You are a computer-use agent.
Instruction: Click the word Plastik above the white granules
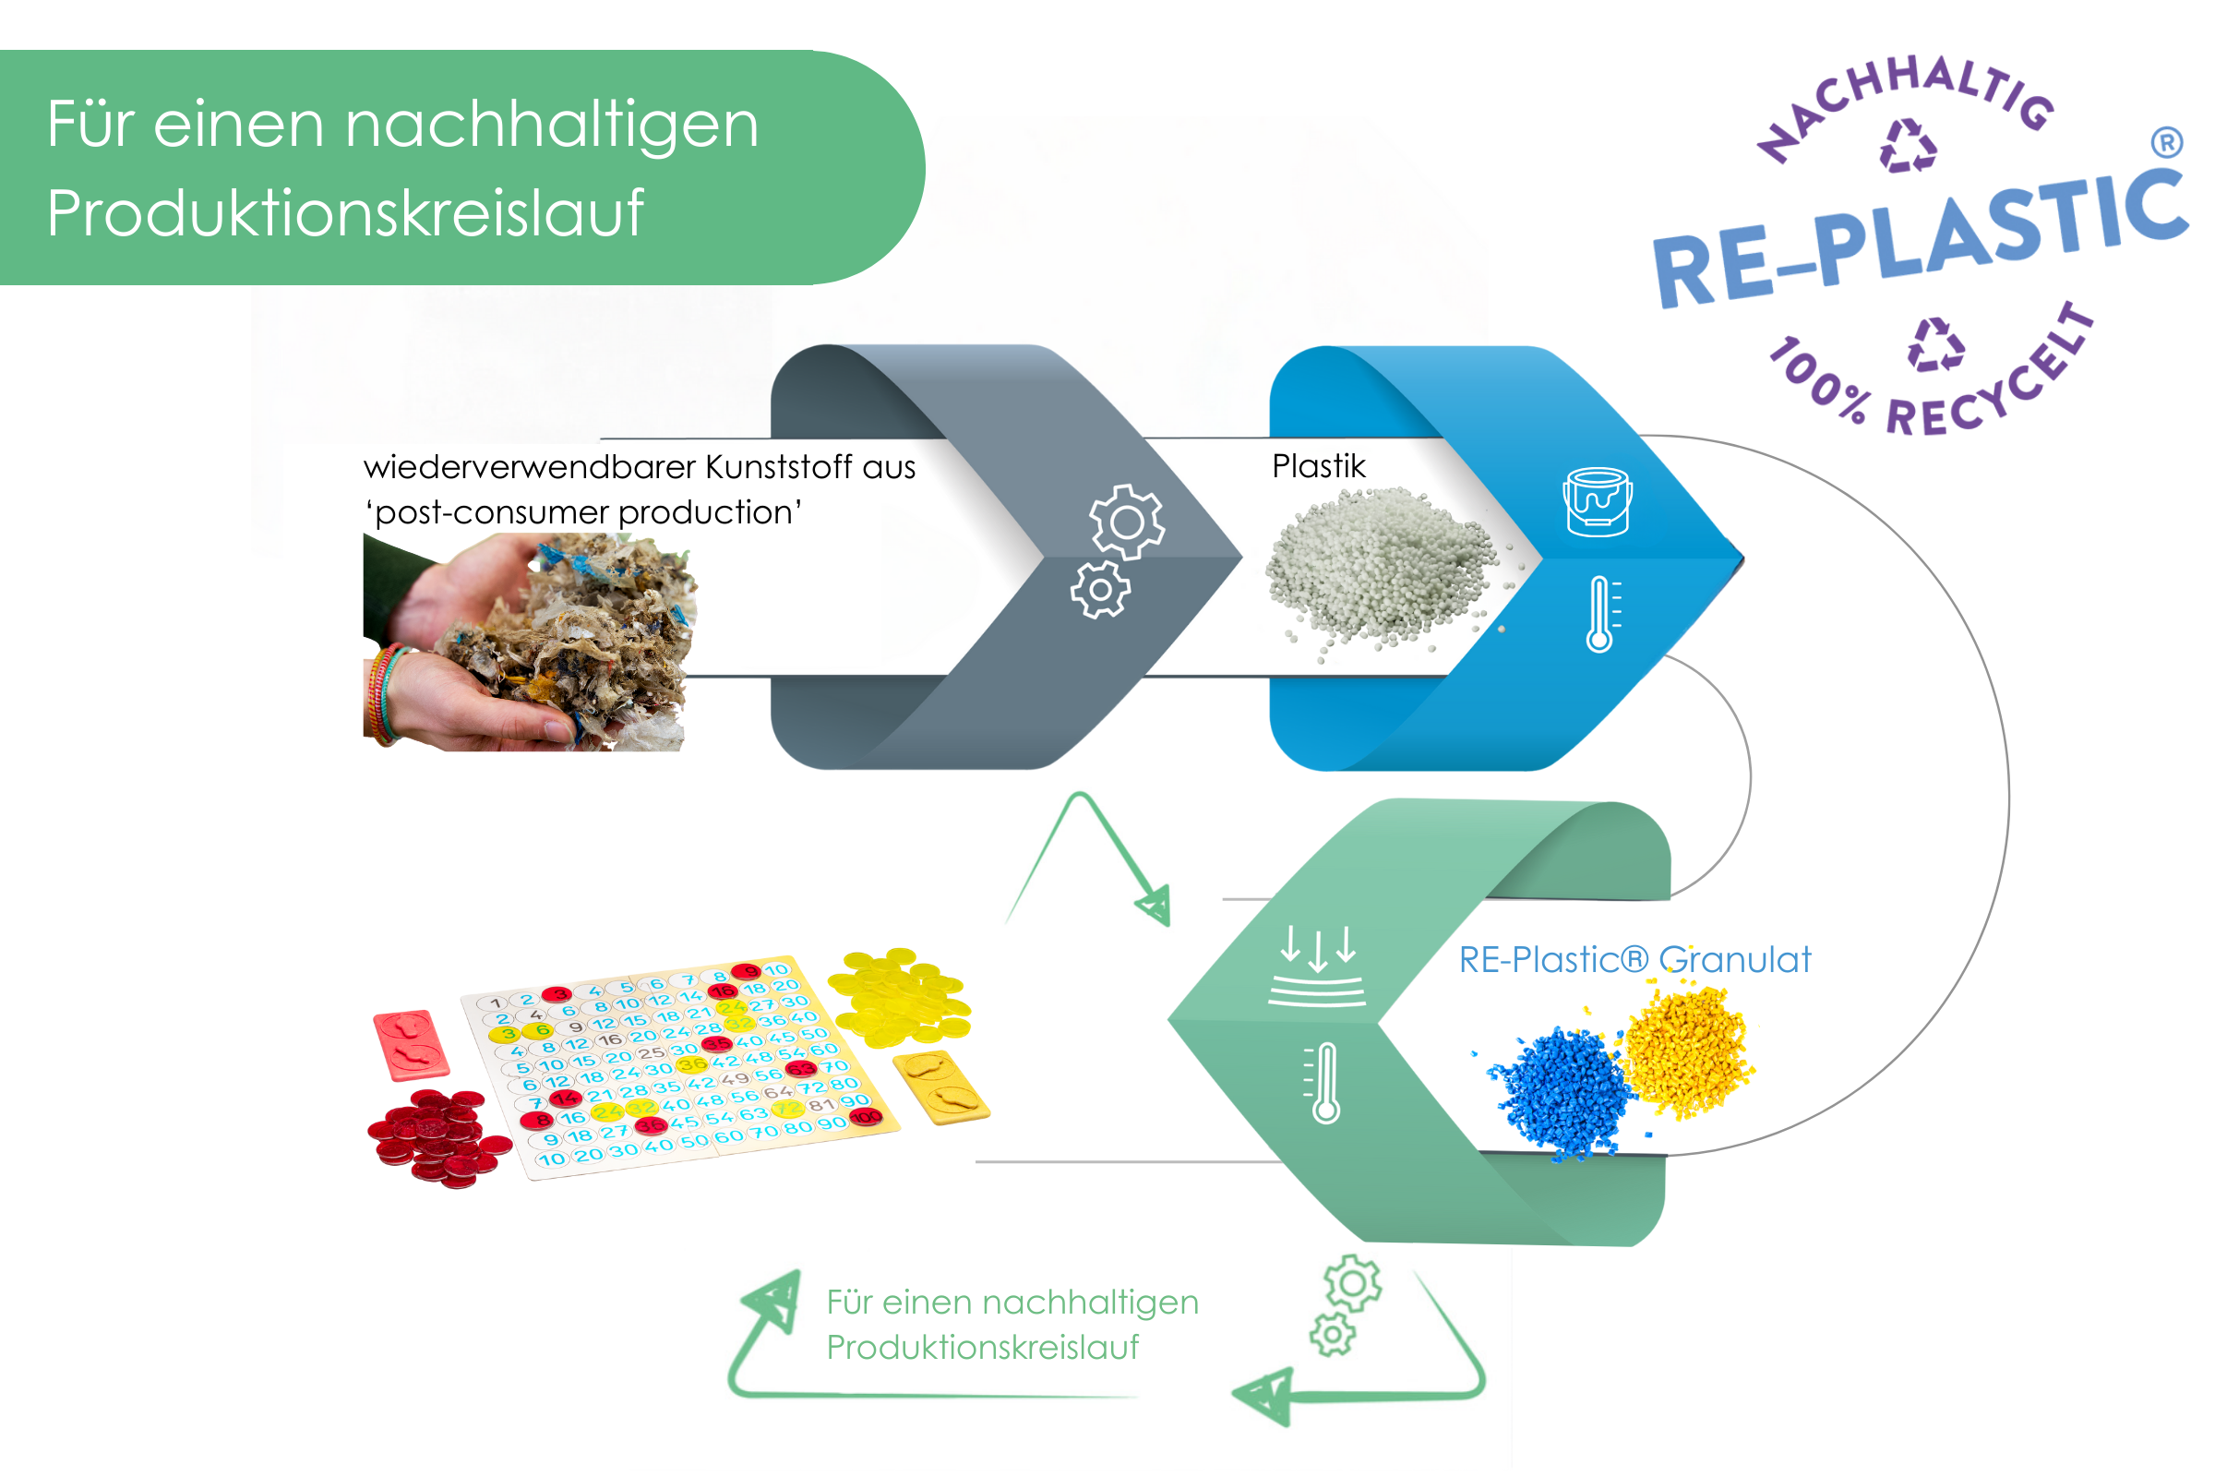(1318, 466)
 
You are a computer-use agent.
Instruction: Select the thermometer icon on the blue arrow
(1600, 614)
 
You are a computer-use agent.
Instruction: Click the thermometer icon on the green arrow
(1324, 1082)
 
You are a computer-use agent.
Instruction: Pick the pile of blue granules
(1560, 1093)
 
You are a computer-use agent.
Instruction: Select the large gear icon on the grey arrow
(1126, 521)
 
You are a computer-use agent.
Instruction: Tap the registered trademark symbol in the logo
(2166, 142)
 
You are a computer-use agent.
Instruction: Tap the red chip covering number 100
(865, 1117)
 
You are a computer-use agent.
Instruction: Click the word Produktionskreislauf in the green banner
(344, 213)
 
